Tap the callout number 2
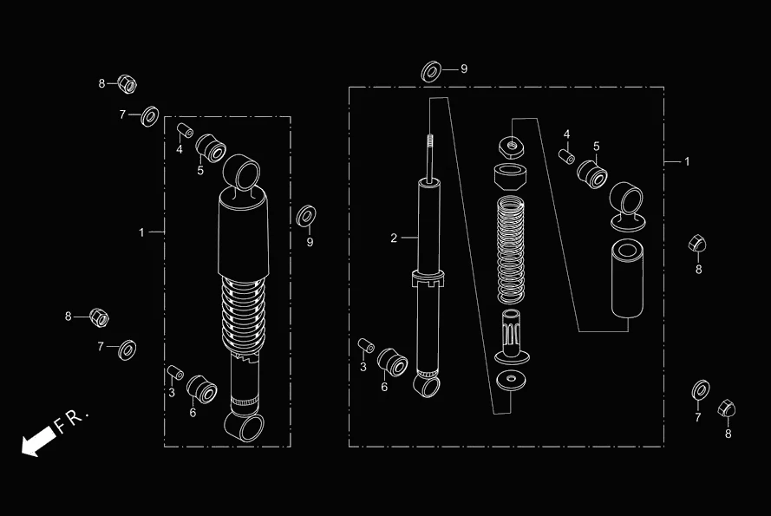pyautogui.click(x=394, y=238)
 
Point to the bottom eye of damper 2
pyautogui.click(x=428, y=384)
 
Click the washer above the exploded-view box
pyautogui.click(x=431, y=71)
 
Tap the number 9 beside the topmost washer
pyautogui.click(x=464, y=69)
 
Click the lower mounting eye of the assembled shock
pyautogui.click(x=244, y=425)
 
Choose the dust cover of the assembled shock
pyautogui.click(x=243, y=238)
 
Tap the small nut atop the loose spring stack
pyautogui.click(x=511, y=143)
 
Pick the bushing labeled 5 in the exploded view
pyautogui.click(x=593, y=174)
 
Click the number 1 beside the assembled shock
pyautogui.click(x=141, y=232)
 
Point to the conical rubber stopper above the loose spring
pyautogui.click(x=511, y=178)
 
